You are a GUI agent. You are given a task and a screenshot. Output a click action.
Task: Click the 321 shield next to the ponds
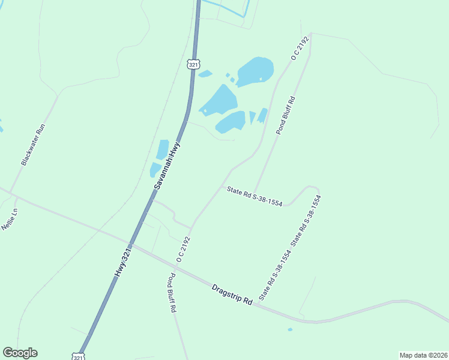click(193, 64)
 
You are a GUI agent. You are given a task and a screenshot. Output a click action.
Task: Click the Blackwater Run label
click(34, 145)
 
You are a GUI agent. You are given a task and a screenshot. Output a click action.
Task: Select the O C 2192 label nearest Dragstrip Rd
click(183, 248)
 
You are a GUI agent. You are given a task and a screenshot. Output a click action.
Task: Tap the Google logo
click(20, 353)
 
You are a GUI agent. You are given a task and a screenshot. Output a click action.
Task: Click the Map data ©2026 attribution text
click(423, 355)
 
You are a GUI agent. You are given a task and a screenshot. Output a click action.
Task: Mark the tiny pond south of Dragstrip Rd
click(291, 329)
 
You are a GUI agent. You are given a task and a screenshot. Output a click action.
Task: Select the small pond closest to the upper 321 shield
click(205, 74)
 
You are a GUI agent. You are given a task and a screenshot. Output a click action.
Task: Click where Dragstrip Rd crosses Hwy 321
click(133, 244)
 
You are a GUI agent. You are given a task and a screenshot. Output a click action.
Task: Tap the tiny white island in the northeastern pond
click(260, 79)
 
